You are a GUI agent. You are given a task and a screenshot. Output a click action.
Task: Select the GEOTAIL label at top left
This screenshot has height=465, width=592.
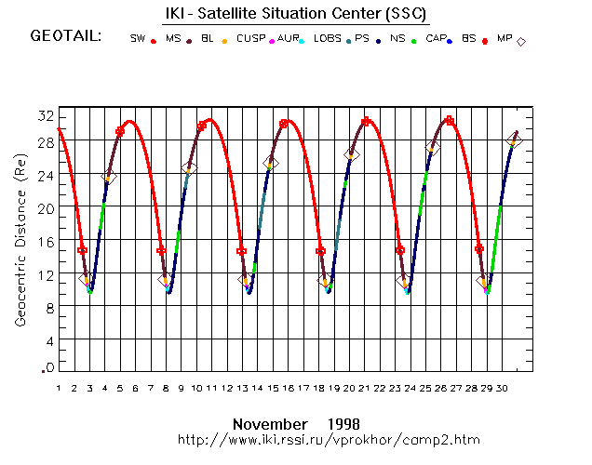pyautogui.click(x=65, y=36)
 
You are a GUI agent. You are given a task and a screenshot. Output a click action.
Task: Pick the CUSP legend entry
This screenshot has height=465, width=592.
pyautogui.click(x=249, y=39)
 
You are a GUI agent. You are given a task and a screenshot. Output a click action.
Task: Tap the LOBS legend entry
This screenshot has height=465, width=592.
pyautogui.click(x=327, y=39)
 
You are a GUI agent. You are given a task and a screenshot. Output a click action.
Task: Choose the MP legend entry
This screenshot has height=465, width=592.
pyautogui.click(x=504, y=39)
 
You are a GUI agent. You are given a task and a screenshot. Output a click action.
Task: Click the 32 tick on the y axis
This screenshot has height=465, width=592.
pyautogui.click(x=46, y=115)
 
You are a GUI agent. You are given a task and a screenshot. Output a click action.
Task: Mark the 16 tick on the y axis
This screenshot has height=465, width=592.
pyautogui.click(x=46, y=242)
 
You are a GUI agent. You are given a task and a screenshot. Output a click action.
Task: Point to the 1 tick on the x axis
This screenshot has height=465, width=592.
pyautogui.click(x=58, y=388)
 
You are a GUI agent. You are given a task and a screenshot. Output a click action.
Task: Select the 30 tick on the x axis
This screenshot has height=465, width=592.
pyautogui.click(x=501, y=388)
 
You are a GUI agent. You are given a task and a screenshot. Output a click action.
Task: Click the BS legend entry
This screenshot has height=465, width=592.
pyautogui.click(x=468, y=39)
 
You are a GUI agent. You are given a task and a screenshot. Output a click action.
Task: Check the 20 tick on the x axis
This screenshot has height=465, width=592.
pyautogui.click(x=348, y=388)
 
